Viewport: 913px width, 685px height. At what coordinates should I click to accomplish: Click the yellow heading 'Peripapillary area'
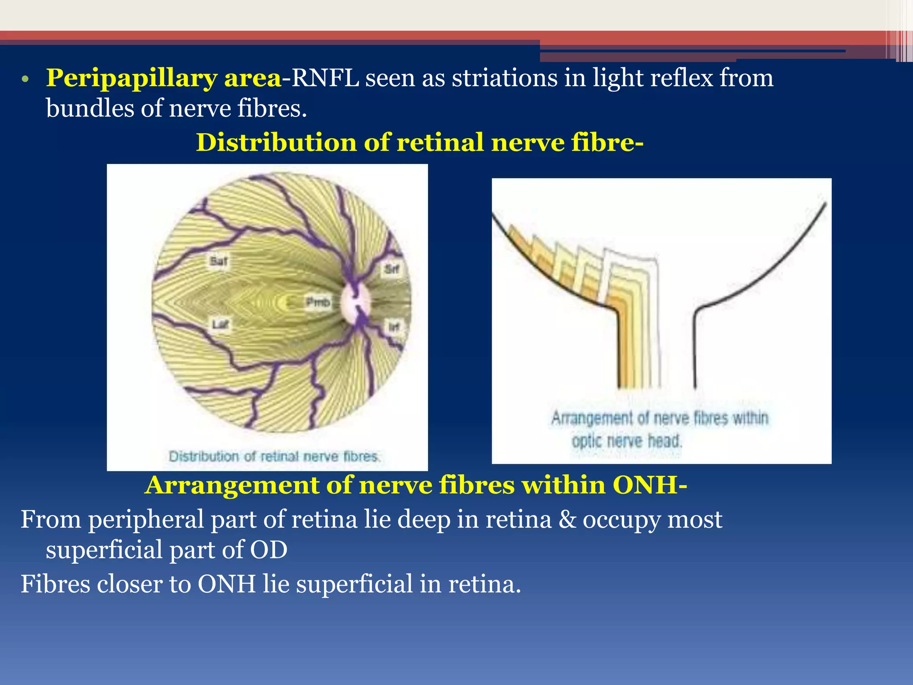(164, 78)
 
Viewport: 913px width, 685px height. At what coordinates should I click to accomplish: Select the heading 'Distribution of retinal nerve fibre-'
(419, 143)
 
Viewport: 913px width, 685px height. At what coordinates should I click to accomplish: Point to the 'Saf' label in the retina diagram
(218, 261)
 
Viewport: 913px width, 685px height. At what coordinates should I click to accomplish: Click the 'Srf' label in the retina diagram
(391, 269)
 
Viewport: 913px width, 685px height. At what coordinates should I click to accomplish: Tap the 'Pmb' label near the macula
(318, 302)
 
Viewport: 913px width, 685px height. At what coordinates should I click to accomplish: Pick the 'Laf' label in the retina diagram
(220, 324)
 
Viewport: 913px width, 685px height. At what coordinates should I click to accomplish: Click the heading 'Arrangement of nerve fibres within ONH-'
(415, 485)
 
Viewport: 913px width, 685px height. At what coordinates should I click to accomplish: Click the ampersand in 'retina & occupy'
(567, 520)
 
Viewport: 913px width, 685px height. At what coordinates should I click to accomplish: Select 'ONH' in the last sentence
(226, 584)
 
